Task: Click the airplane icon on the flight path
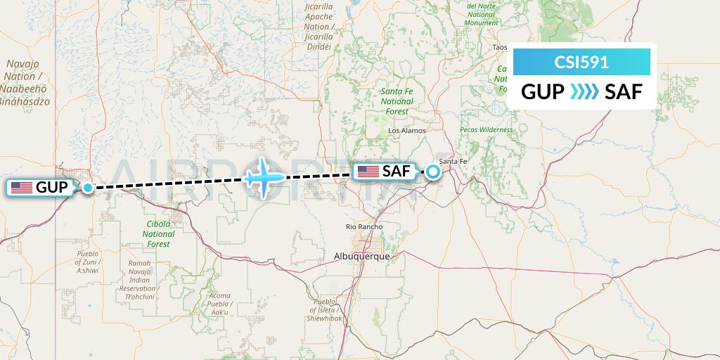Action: click(x=263, y=177)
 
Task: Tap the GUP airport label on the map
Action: click(x=41, y=188)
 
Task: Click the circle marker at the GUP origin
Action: click(x=87, y=188)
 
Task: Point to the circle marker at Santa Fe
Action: click(x=435, y=171)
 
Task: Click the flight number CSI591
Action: click(x=581, y=62)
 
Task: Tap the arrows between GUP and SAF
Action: click(x=584, y=91)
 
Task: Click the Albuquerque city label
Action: click(x=362, y=257)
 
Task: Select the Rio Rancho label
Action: click(x=364, y=226)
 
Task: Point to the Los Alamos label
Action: click(x=408, y=131)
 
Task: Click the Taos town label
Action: click(x=500, y=48)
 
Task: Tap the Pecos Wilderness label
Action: click(x=487, y=130)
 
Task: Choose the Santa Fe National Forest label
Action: click(x=397, y=101)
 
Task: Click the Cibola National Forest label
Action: click(x=158, y=234)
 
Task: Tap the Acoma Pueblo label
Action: click(x=219, y=304)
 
